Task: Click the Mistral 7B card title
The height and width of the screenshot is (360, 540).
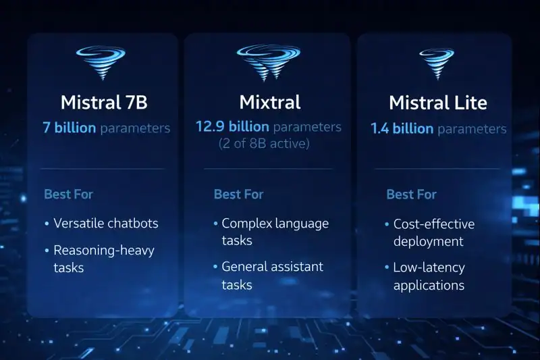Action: click(103, 103)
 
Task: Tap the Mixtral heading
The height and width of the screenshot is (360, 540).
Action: click(269, 103)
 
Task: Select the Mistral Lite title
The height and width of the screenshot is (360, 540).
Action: click(437, 103)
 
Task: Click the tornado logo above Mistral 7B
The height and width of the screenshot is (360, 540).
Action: click(103, 63)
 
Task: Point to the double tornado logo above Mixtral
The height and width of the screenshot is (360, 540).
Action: click(269, 61)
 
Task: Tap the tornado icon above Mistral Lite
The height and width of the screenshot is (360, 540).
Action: click(437, 63)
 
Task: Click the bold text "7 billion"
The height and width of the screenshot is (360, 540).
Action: click(69, 128)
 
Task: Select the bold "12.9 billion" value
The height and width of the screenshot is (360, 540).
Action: click(232, 127)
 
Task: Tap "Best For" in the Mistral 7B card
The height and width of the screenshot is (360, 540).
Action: click(68, 195)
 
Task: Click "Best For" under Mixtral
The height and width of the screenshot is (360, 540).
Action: click(238, 195)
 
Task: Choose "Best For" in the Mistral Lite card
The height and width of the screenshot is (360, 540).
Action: click(411, 195)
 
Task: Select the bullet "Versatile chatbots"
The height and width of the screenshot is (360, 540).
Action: click(105, 223)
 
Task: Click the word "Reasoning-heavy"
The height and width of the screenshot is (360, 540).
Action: click(104, 251)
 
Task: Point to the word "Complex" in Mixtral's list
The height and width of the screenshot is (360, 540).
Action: click(246, 224)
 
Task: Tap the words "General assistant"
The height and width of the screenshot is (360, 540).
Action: click(272, 267)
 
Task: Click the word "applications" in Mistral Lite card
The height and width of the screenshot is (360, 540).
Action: click(429, 285)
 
